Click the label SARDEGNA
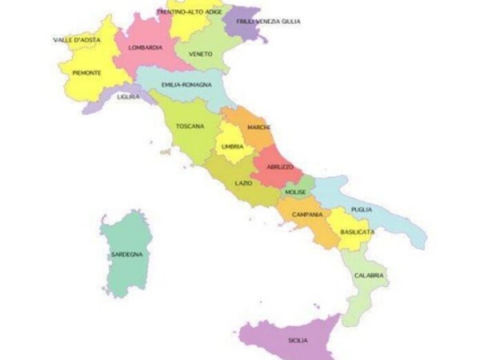click(x=126, y=254)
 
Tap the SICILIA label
click(x=298, y=341)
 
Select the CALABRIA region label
click(x=368, y=275)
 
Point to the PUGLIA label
click(x=361, y=210)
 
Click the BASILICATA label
click(x=357, y=232)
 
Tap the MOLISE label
click(x=295, y=192)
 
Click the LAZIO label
click(x=243, y=183)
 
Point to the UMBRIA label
click(x=232, y=147)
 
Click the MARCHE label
click(x=259, y=128)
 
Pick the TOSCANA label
click(x=189, y=126)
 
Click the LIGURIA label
click(x=128, y=97)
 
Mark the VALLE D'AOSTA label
click(x=77, y=40)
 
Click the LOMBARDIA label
click(x=145, y=48)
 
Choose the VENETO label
click(x=200, y=54)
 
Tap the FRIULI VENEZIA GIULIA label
click(x=268, y=21)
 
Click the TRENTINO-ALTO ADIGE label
click(x=190, y=12)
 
